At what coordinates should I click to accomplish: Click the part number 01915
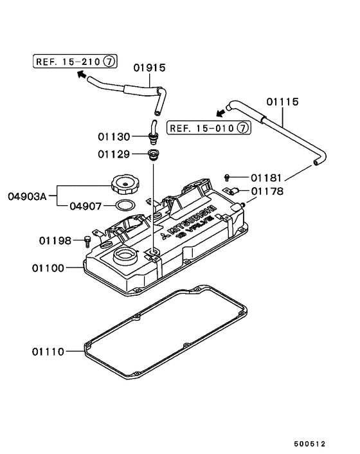click(x=150, y=68)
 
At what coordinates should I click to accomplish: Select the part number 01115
click(x=283, y=102)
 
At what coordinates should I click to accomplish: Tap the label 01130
click(x=114, y=137)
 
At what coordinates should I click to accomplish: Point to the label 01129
click(x=114, y=154)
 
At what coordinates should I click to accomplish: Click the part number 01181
click(x=267, y=177)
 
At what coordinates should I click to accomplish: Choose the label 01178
click(x=267, y=191)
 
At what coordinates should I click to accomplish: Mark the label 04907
click(x=85, y=206)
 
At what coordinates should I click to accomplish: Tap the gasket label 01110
click(x=48, y=352)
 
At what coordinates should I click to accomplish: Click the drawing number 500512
click(x=310, y=444)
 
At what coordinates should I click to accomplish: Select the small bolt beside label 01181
click(x=228, y=176)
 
